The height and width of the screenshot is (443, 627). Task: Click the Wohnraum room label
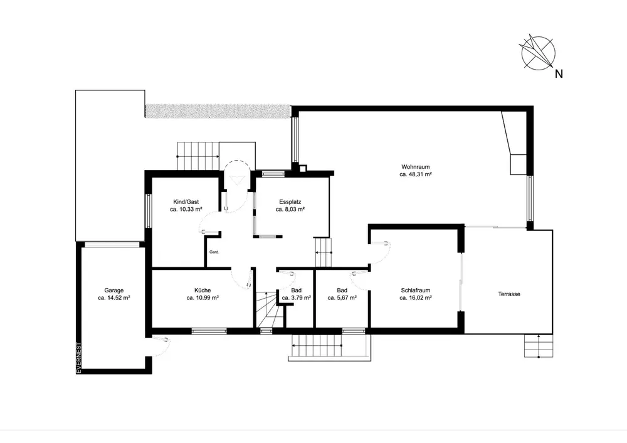coord(416,167)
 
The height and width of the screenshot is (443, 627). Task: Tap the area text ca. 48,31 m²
coord(416,174)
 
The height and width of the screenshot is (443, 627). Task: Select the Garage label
coord(114,291)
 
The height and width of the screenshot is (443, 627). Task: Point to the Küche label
coord(203,291)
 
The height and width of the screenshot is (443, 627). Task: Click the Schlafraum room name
coord(416,291)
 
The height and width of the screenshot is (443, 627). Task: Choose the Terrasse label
coord(509,294)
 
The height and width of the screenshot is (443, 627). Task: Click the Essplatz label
coord(290,202)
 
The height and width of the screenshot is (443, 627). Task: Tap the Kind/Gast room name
coord(186,202)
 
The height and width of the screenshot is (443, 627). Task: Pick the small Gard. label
coord(214,252)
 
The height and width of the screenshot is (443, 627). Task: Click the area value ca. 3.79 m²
coord(297,298)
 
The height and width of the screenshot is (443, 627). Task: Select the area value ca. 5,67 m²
coord(342,298)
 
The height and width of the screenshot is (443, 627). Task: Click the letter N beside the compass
coord(559,74)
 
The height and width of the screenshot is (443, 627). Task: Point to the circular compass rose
coord(538,53)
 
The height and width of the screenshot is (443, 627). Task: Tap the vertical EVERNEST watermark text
coord(79,358)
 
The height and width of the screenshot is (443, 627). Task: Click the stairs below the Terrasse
coord(539,346)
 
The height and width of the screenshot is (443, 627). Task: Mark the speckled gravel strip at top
coord(218,111)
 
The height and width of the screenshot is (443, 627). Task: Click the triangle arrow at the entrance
coord(236,179)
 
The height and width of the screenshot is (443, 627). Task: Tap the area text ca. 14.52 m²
coord(114,298)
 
